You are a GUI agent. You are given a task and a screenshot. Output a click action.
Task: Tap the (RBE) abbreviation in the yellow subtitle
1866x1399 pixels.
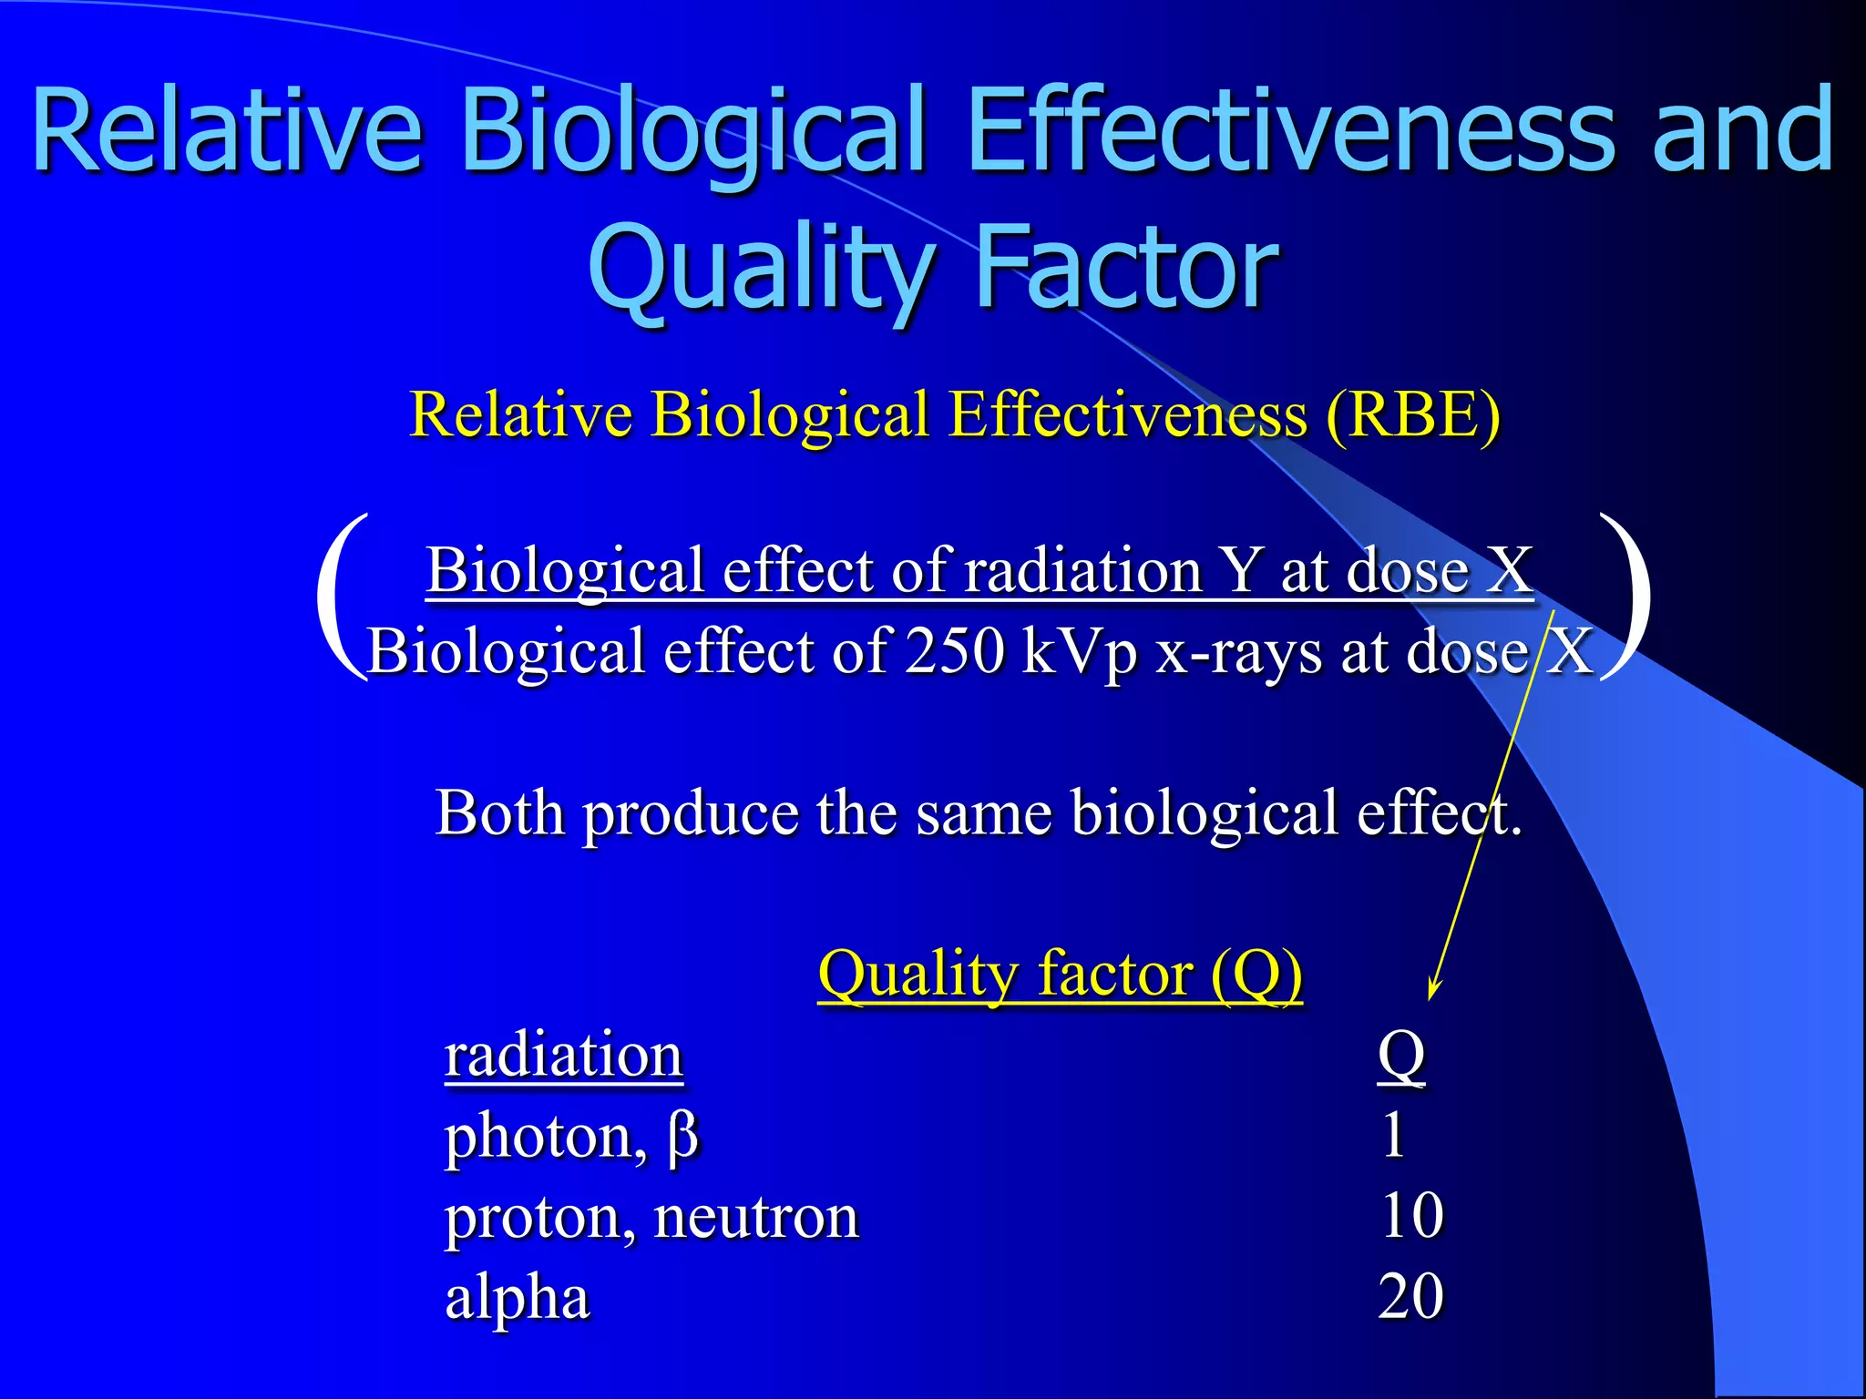coord(1412,415)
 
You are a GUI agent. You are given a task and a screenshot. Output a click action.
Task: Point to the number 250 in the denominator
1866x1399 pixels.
coord(955,652)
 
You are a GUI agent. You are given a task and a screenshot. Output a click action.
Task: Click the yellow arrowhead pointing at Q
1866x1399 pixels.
coord(1433,989)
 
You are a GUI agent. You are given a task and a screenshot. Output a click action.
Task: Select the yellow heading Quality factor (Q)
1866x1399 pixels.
coord(1060,974)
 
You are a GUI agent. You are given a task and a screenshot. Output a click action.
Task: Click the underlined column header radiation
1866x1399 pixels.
coord(563,1056)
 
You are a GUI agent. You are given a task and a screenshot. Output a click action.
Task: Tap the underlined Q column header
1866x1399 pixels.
coord(1400,1056)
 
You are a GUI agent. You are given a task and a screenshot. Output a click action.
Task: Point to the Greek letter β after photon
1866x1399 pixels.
coord(682,1138)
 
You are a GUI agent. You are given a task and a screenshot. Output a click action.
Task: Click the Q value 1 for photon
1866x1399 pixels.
coord(1393,1136)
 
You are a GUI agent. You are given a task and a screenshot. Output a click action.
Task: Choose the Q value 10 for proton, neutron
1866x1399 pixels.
coord(1411,1216)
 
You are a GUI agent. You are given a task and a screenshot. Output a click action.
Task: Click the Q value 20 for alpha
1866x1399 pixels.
coord(1410,1297)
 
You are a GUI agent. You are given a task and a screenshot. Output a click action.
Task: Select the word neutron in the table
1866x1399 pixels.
coord(756,1218)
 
